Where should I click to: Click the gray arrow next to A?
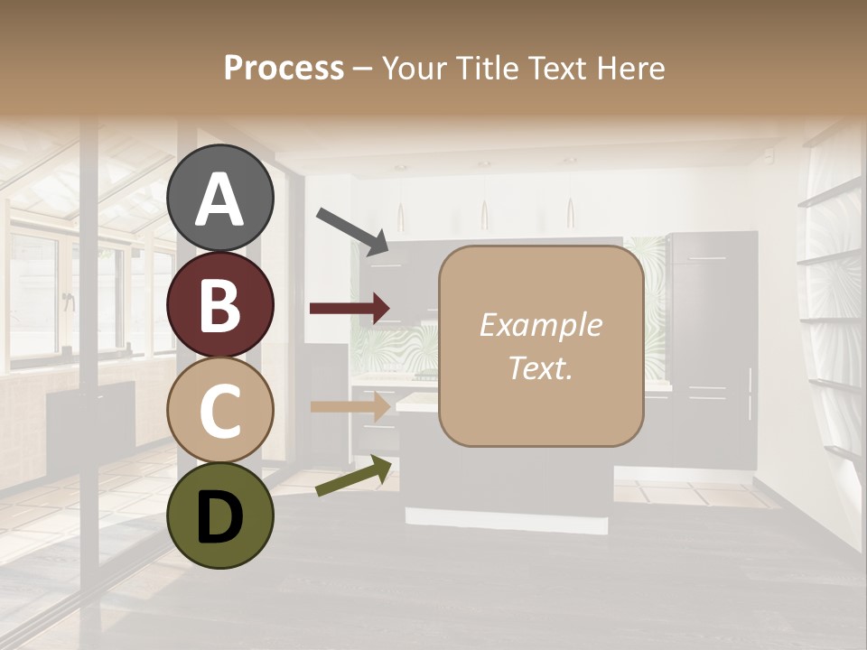tap(352, 230)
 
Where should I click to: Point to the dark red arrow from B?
tap(350, 309)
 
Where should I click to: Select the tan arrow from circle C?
tap(350, 407)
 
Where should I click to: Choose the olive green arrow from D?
tap(354, 476)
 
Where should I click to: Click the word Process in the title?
tap(284, 69)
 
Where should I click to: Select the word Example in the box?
tap(541, 325)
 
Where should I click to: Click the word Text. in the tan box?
tap(541, 367)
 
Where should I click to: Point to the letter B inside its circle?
tap(220, 305)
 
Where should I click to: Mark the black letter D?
tap(220, 516)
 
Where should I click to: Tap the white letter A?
tap(220, 200)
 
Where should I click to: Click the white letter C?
tap(220, 411)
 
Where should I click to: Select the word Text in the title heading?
tap(553, 69)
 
